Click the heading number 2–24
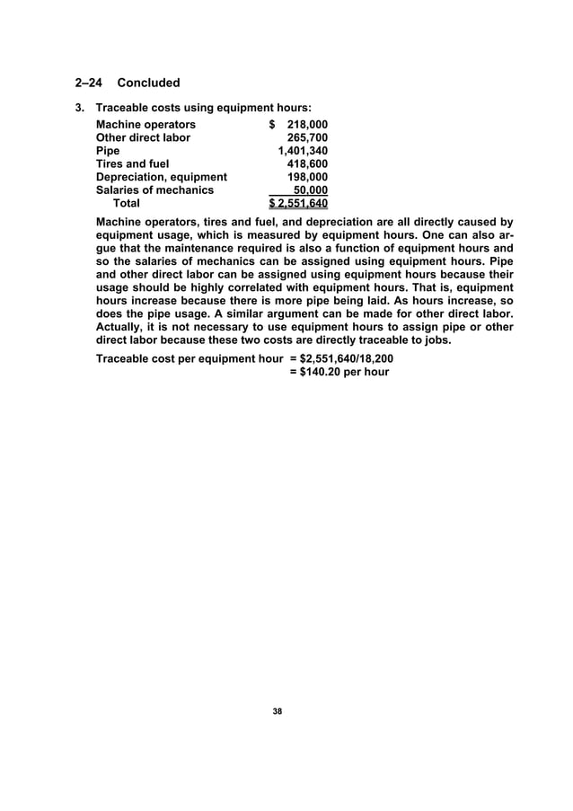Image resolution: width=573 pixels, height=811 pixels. click(87, 84)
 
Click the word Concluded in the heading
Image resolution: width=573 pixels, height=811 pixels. click(149, 84)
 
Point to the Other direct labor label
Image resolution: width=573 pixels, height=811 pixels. click(143, 137)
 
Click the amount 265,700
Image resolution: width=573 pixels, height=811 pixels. click(306, 137)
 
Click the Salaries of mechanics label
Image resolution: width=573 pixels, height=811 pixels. click(154, 190)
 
